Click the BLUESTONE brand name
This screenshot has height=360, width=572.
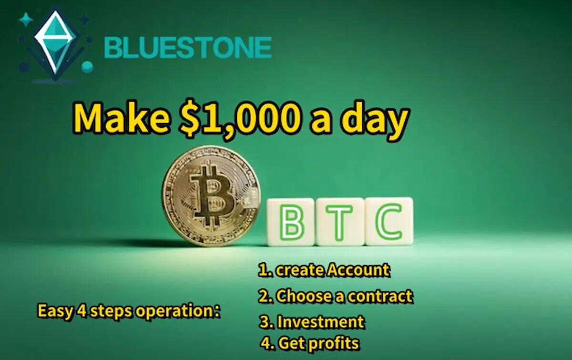187,47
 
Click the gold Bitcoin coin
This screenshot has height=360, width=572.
211,195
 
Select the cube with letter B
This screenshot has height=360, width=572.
290,222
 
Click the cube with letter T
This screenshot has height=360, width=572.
340,222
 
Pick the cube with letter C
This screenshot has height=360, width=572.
389,221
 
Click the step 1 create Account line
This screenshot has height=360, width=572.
324,270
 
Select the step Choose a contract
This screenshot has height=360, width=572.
336,296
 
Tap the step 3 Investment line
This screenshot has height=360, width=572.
312,322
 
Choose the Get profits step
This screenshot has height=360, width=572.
310,342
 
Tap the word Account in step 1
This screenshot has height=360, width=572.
358,270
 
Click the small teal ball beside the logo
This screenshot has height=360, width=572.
87,67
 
